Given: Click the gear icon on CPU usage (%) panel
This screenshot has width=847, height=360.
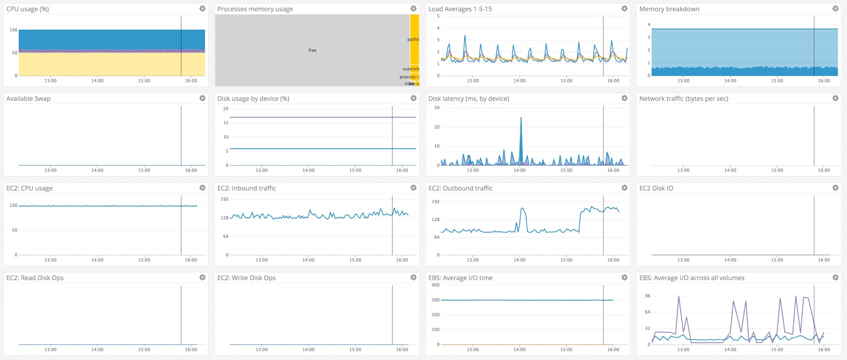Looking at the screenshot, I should tap(202, 8).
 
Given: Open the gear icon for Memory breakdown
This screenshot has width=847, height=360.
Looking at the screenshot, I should tap(835, 8).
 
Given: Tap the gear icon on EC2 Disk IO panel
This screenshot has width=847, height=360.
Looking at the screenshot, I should tap(835, 188).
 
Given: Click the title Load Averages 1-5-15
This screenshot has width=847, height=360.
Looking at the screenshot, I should tap(459, 9).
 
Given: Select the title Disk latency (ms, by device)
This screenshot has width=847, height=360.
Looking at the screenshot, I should tap(468, 98).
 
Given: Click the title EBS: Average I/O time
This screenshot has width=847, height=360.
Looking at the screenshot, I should tap(460, 278).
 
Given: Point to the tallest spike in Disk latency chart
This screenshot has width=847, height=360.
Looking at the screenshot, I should tap(521, 118).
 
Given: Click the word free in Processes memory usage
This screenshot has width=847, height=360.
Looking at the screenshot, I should tap(312, 50).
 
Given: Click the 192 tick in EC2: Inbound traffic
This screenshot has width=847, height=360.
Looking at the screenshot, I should tap(225, 199).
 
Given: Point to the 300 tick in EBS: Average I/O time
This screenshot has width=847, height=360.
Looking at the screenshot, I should tap(435, 300).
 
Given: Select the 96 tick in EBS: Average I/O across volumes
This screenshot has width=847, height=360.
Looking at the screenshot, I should tap(647, 296).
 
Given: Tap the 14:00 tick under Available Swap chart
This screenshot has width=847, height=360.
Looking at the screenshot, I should tap(97, 170).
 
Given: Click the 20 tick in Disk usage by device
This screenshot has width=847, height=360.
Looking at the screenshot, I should tap(226, 108).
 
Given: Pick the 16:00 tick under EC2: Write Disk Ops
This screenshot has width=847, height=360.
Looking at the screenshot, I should tap(402, 349).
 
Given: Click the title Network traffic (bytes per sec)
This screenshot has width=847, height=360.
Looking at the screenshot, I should tap(683, 98).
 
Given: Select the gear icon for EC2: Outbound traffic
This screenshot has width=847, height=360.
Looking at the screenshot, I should tap(624, 188).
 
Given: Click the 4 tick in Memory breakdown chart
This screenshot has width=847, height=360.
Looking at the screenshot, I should tap(649, 24).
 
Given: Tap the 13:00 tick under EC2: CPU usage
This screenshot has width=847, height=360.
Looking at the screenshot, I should tap(50, 260).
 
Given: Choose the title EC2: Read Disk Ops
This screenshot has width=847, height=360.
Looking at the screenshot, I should tap(35, 278).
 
